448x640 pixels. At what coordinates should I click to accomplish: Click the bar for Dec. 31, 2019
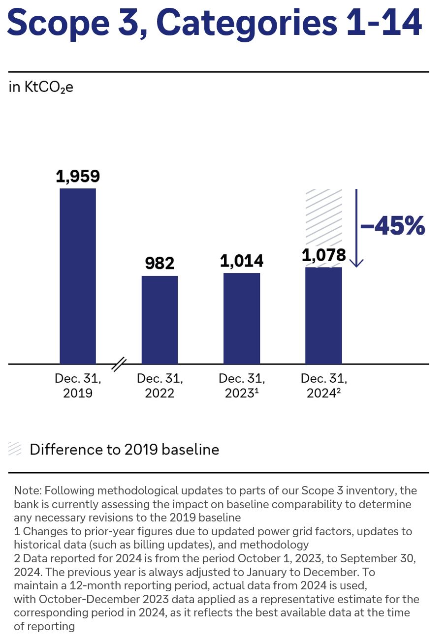tap(78, 276)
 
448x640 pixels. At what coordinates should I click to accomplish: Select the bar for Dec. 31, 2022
tap(160, 320)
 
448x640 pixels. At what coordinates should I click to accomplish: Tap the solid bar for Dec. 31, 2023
tap(242, 318)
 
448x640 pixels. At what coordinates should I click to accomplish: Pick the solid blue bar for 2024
tap(323, 315)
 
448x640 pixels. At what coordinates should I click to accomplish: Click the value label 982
tap(160, 264)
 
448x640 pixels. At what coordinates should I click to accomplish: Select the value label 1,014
tap(242, 261)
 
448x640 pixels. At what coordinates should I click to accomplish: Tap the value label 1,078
tap(323, 255)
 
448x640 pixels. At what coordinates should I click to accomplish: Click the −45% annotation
tap(392, 227)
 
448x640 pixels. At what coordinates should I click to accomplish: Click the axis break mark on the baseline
tap(119, 365)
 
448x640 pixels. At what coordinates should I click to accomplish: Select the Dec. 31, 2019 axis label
tap(78, 386)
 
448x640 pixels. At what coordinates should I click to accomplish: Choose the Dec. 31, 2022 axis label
tap(160, 386)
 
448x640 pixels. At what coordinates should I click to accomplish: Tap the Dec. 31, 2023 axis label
tap(242, 386)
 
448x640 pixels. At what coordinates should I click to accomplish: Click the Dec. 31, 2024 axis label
tap(323, 386)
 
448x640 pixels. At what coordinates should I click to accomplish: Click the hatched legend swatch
tap(15, 449)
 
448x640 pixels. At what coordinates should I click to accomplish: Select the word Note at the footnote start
tap(26, 490)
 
